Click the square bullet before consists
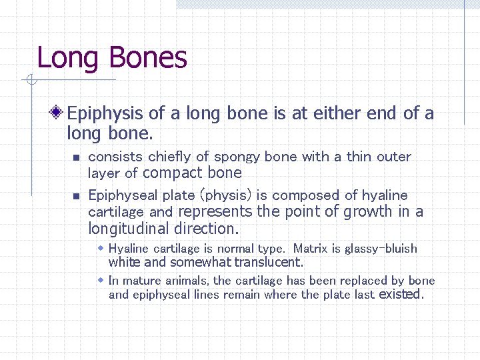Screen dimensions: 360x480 click(76, 158)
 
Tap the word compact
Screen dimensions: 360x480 click(173, 173)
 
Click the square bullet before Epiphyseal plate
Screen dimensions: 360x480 click(76, 197)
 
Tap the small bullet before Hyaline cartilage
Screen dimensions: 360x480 click(101, 248)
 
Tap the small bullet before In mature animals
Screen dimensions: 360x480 click(101, 280)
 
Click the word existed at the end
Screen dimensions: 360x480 click(400, 295)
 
